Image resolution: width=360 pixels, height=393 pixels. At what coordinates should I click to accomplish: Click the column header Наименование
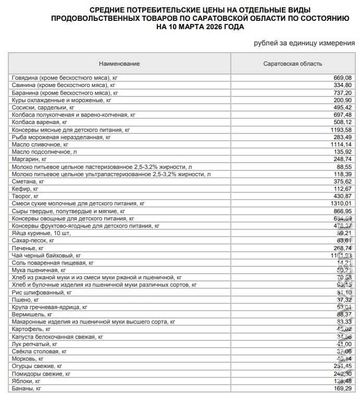click(x=120, y=64)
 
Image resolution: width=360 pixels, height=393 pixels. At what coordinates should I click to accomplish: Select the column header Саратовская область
click(x=292, y=64)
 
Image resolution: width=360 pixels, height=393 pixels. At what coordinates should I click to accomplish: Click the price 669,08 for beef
click(x=343, y=78)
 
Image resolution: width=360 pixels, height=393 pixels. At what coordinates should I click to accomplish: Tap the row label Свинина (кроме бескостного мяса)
click(x=63, y=85)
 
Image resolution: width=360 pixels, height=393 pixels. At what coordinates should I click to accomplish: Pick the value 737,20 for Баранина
click(x=343, y=92)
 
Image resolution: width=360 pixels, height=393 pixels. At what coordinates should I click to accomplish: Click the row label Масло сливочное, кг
click(x=40, y=144)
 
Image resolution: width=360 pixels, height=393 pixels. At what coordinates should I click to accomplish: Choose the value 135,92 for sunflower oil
click(x=343, y=151)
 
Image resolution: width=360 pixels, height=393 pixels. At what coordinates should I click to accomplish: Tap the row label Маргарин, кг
click(x=29, y=158)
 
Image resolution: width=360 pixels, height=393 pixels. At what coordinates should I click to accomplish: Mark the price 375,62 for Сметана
click(x=343, y=181)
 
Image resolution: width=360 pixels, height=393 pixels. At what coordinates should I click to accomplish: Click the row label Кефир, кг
click(x=25, y=188)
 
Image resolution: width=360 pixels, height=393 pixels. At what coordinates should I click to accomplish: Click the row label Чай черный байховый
click(x=46, y=255)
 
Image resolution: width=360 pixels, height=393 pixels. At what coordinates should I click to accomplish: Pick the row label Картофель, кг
click(x=31, y=329)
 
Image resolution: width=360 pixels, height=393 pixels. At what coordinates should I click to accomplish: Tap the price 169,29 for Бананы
click(x=343, y=388)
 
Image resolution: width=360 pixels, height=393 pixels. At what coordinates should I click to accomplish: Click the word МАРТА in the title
click(x=191, y=26)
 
